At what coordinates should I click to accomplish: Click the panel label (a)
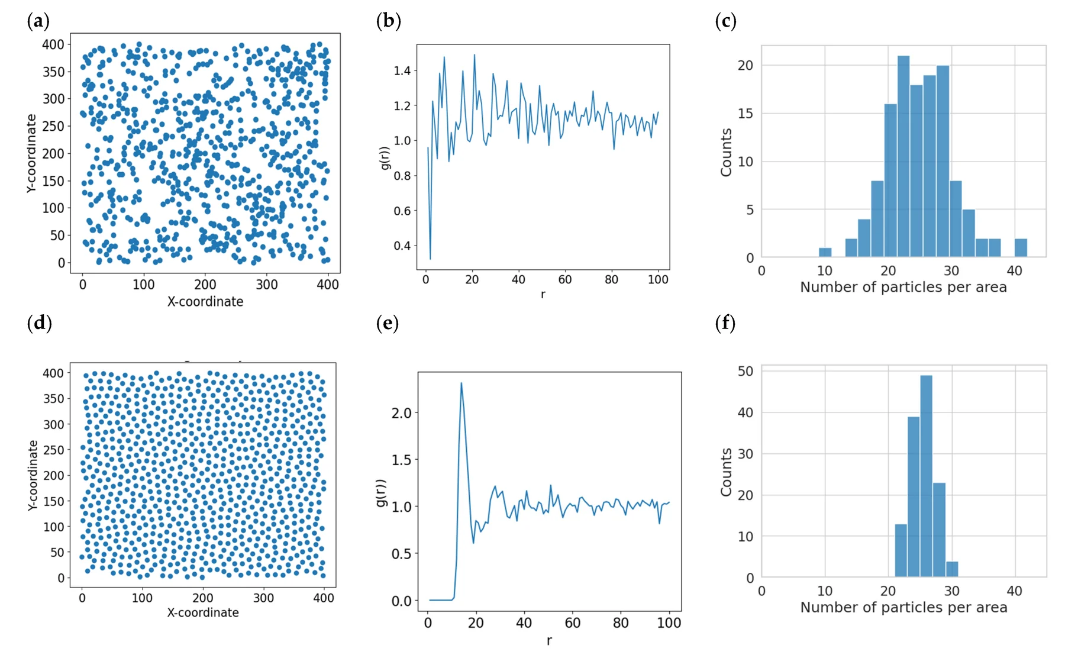[x=38, y=21]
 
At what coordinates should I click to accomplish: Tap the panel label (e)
[x=388, y=323]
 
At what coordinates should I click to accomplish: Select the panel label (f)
[x=725, y=323]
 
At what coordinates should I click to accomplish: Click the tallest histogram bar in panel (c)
[x=903, y=156]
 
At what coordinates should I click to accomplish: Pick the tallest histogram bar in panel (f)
[x=927, y=476]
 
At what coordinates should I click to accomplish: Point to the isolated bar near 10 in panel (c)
[x=825, y=253]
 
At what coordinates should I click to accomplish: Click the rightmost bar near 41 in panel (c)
[x=1021, y=248]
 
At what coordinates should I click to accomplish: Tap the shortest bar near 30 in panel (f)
[x=952, y=569]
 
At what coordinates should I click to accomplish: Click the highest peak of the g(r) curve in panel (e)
[x=461, y=383]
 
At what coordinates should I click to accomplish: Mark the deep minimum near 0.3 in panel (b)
[x=430, y=259]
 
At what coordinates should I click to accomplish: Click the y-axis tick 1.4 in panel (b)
[x=402, y=71]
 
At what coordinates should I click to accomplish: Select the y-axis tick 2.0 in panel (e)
[x=401, y=412]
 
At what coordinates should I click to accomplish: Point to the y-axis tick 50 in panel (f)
[x=745, y=371]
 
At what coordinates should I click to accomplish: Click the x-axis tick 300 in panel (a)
[x=267, y=285]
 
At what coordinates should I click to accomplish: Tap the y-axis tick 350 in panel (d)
[x=53, y=399]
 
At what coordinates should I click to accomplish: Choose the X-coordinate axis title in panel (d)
[x=203, y=612]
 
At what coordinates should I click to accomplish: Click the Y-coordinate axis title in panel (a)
[x=31, y=153]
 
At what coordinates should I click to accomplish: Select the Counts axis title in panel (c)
[x=726, y=153]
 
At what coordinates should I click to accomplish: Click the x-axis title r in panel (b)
[x=543, y=294]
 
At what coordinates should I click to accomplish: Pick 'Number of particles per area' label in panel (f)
[x=903, y=607]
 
